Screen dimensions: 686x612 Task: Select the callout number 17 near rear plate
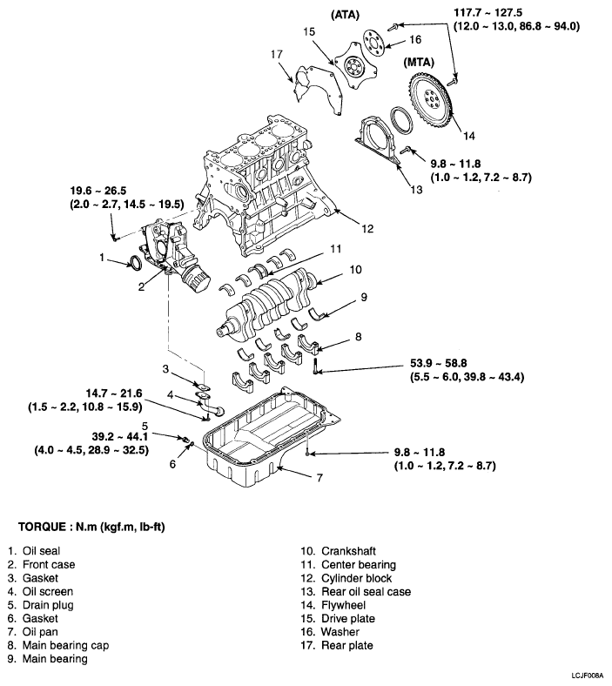[277, 54]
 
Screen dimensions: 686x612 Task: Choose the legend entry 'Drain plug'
[49, 604]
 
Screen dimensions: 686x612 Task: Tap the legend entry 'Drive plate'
[349, 618]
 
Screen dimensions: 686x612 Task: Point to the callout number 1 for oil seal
[102, 258]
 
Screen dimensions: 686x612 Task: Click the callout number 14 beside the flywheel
[468, 135]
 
